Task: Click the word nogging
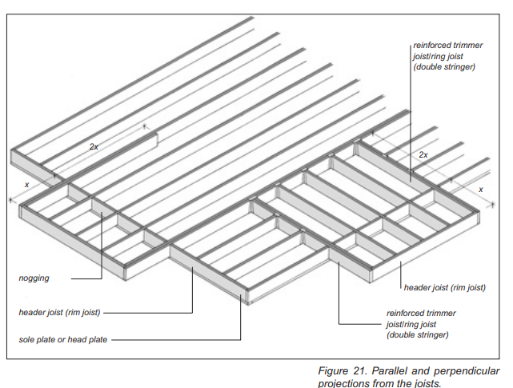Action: coord(34,278)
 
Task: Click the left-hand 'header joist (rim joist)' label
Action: coord(59,312)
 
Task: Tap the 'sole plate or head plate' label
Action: coord(62,340)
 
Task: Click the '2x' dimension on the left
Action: coord(94,147)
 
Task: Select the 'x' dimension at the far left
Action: coord(27,185)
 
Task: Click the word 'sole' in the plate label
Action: coord(26,340)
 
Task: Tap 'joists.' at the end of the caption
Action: coord(424,383)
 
